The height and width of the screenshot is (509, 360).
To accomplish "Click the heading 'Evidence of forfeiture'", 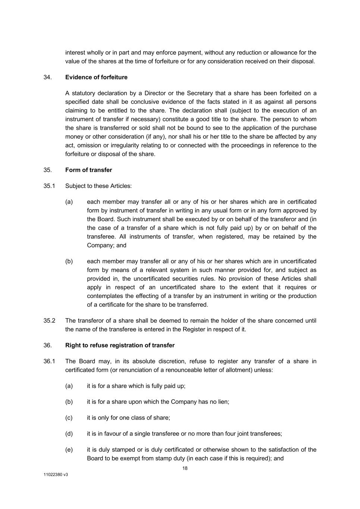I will [x=96, y=77].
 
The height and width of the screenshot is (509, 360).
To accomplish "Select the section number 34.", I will [x=47, y=77].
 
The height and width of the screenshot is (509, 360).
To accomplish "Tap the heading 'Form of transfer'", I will [x=88, y=170].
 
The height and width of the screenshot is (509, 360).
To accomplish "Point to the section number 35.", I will [x=47, y=170].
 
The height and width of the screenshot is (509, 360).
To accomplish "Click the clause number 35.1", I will [x=49, y=186].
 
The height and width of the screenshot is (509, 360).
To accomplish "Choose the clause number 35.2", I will [x=49, y=321].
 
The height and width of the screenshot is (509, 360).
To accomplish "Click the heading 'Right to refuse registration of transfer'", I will [x=120, y=345].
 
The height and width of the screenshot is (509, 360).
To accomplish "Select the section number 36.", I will [x=47, y=345].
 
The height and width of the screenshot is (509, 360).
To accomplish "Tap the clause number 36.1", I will [x=49, y=361].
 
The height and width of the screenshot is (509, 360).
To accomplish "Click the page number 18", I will [x=185, y=468].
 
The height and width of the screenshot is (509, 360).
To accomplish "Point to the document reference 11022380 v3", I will [x=56, y=475].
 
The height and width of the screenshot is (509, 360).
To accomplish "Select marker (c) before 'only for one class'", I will [x=69, y=418].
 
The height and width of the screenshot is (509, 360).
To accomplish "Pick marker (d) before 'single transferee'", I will [x=69, y=434].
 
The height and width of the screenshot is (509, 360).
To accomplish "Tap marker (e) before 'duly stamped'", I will [x=69, y=450].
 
